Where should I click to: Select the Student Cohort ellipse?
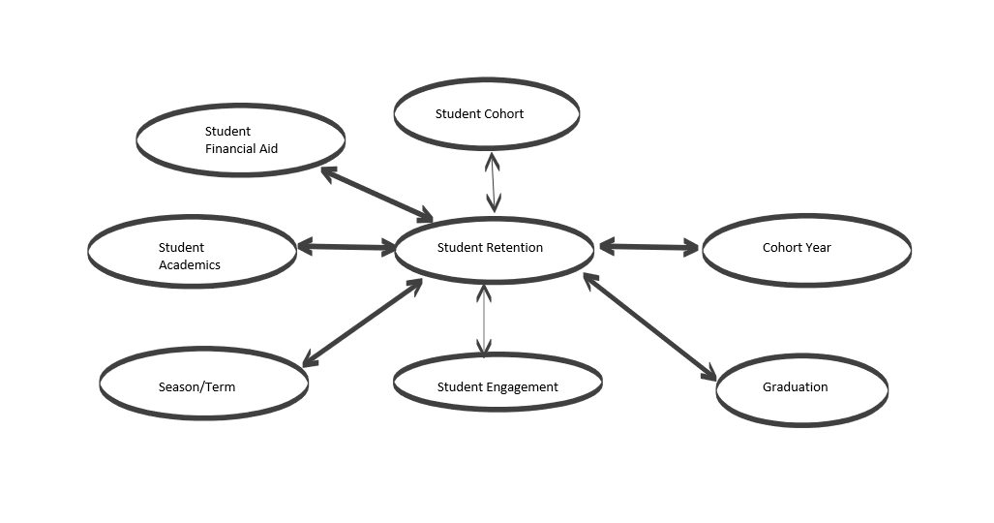pos(486,114)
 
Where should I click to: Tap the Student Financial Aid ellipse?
pos(240,140)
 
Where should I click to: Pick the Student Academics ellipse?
pos(192,251)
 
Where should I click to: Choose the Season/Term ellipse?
pos(203,386)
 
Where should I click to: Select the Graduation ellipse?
pos(801,389)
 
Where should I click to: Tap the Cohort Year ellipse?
pos(805,250)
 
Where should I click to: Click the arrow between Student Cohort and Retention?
pos(494,182)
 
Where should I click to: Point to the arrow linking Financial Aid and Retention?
pos(377,194)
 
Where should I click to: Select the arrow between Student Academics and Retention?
pos(346,248)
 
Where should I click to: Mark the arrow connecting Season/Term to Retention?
pos(362,323)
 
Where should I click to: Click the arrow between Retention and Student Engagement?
pos(484,319)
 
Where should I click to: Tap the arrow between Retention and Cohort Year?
pos(648,248)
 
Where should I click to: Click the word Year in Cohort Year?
pos(818,248)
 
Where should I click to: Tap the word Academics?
pos(190,265)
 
